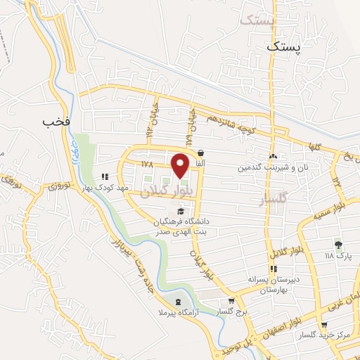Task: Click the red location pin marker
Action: click(181, 165)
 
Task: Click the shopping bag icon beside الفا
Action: click(201, 153)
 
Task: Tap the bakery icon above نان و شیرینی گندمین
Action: click(273, 157)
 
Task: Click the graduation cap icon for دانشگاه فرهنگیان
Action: click(181, 211)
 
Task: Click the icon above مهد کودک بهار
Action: click(104, 177)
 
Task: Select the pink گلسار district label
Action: click(274, 200)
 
